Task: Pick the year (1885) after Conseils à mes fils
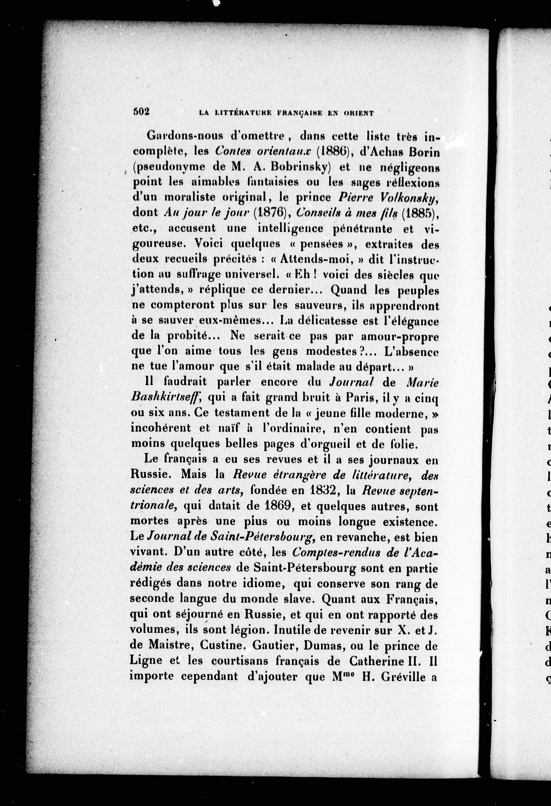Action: [x=419, y=213]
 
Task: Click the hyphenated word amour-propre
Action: [x=400, y=336]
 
